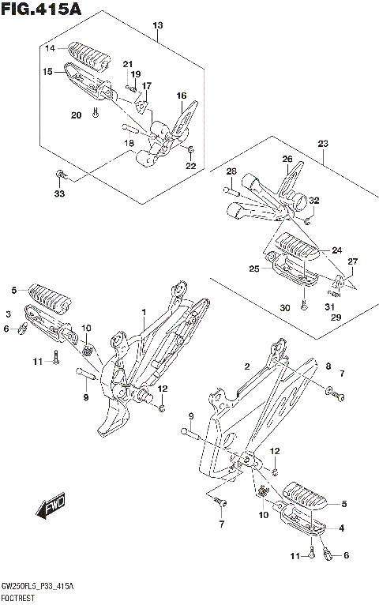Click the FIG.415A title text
pyautogui.click(x=42, y=9)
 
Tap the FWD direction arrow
pyautogui.click(x=51, y=505)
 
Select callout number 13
pyautogui.click(x=158, y=25)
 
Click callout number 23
pyautogui.click(x=323, y=144)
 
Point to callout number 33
pyautogui.click(x=59, y=194)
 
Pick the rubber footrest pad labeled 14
pyautogui.click(x=89, y=57)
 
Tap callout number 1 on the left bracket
pyautogui.click(x=144, y=312)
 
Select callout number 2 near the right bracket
pyautogui.click(x=247, y=366)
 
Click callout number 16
pyautogui.click(x=182, y=96)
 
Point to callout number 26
pyautogui.click(x=287, y=159)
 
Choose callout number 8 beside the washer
pyautogui.click(x=328, y=366)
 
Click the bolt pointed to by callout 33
pyautogui.click(x=61, y=175)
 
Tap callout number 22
pyautogui.click(x=191, y=166)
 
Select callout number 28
pyautogui.click(x=231, y=171)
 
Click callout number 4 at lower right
pyautogui.click(x=342, y=528)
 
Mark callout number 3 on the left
pyautogui.click(x=9, y=314)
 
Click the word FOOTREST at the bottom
pyautogui.click(x=17, y=599)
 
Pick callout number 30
pyautogui.click(x=285, y=307)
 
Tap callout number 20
pyautogui.click(x=77, y=115)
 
